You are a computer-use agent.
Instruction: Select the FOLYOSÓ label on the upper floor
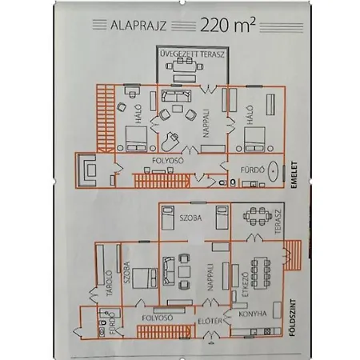click(x=168, y=161)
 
